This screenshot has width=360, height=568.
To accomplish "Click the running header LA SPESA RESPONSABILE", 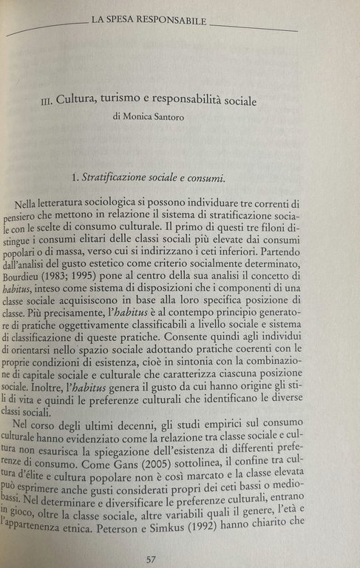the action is pyautogui.click(x=148, y=21).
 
